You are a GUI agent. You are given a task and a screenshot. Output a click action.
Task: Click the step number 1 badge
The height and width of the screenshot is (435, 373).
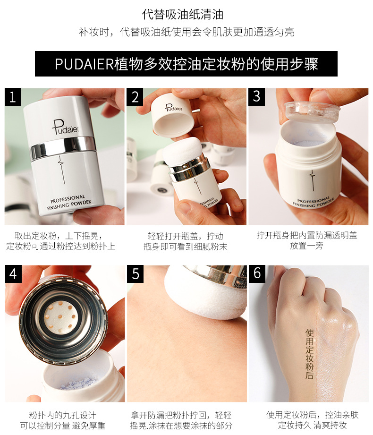point(13,97)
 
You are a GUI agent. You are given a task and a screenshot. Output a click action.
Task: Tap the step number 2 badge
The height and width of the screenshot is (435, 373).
point(135,97)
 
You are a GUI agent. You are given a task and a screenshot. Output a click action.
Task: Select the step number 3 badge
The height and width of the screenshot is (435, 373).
point(256,97)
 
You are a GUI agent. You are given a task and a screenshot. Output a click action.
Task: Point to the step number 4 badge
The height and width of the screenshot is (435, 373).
point(13,274)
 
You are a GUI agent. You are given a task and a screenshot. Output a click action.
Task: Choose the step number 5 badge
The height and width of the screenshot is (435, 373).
point(136,274)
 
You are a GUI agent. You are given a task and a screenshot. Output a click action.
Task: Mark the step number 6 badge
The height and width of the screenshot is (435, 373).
point(257,274)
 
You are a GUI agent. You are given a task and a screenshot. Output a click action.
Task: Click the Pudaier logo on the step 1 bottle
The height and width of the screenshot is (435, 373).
point(65,128)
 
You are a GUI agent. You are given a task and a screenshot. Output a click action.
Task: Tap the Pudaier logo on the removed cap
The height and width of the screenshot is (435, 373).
point(174,108)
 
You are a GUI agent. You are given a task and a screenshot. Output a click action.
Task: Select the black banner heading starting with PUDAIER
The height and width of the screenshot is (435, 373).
point(186,64)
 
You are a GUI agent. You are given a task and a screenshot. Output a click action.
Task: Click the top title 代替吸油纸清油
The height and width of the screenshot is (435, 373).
point(182,15)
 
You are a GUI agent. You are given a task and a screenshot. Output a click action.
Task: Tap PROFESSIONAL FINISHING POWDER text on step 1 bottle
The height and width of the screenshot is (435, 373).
point(69,202)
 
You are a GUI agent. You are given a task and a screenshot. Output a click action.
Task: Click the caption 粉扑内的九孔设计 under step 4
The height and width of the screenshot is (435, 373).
point(63,415)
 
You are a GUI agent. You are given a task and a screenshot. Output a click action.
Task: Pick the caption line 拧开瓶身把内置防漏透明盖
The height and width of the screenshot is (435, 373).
point(307,235)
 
